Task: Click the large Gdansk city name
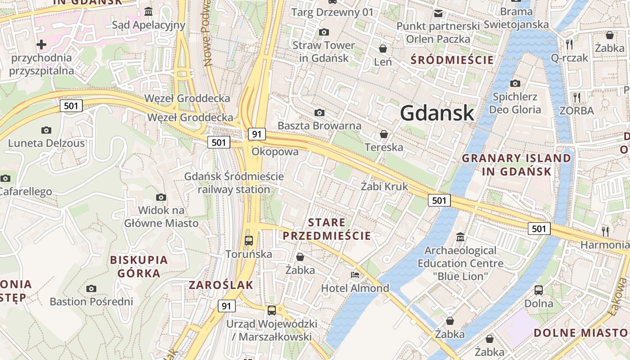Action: point(437,112)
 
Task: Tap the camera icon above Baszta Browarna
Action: point(319,112)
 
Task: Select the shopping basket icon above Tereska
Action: point(384,134)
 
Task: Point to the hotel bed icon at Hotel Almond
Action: point(355,274)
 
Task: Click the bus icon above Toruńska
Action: point(249,240)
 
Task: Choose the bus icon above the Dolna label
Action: point(539,290)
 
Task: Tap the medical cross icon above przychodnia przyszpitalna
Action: point(41,45)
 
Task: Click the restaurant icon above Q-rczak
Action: point(570,44)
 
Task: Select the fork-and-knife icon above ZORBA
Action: point(577,97)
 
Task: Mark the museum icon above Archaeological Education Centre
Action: point(460,237)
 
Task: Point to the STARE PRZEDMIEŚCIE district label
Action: point(327,229)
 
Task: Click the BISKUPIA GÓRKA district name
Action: point(139,266)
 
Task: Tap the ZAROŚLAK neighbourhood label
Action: point(221,285)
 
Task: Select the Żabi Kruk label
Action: point(384,186)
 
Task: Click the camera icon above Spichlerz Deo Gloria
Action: point(515,83)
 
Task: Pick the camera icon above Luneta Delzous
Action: point(46,130)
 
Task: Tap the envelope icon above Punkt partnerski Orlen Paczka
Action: point(438,13)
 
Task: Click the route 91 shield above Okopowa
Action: point(256,134)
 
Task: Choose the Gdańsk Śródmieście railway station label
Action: point(234,183)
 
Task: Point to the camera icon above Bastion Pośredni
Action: point(91,288)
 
